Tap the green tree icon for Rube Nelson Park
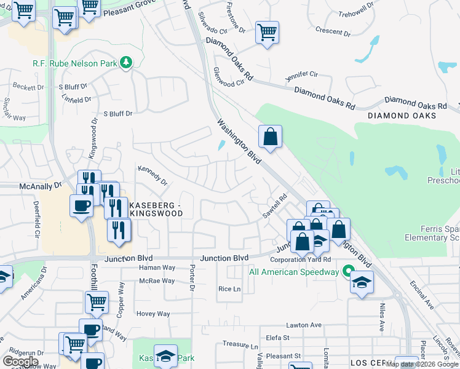pos(126,62)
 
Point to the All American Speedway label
pos(294,272)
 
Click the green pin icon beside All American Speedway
pos(348,271)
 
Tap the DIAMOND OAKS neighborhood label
pos(402,116)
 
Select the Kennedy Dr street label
pos(153,175)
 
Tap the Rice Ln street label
pos(228,289)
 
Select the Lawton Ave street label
pos(304,325)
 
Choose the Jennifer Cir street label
pos(301,77)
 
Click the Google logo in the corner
pos(21,362)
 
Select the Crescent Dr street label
pos(332,30)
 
